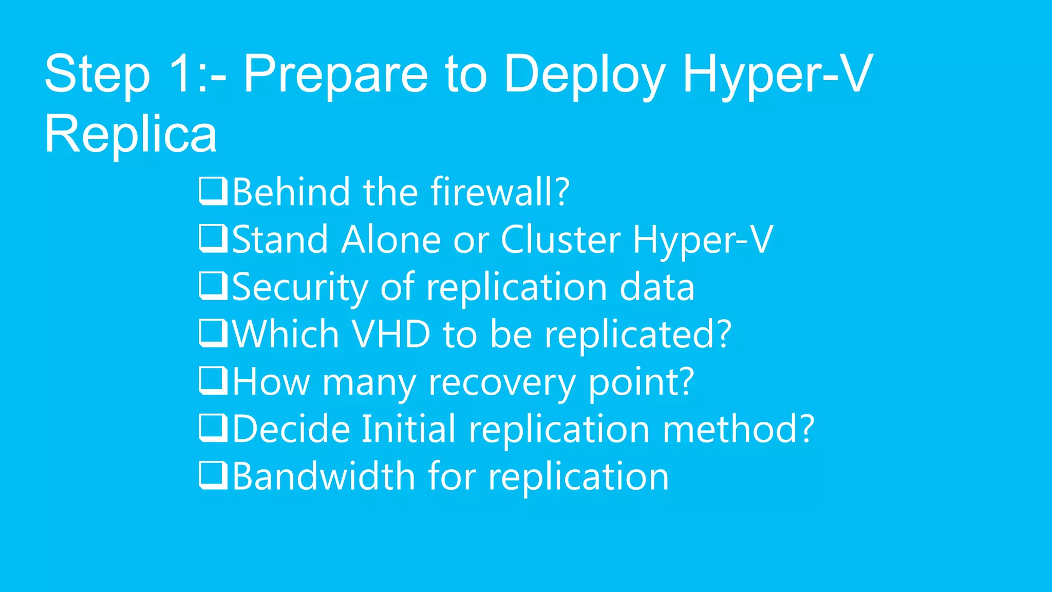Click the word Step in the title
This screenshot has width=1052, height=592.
(97, 75)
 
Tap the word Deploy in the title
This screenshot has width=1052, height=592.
(585, 75)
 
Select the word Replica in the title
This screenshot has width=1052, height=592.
(130, 134)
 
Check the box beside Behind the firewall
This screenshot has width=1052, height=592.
(213, 191)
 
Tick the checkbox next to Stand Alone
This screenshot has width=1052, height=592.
(213, 238)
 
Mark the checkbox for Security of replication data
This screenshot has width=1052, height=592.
(213, 286)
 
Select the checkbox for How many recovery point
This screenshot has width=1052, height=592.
(213, 381)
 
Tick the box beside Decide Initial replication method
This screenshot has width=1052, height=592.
(213, 428)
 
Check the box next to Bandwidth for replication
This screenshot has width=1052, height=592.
(213, 475)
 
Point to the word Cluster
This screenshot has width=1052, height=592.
(560, 239)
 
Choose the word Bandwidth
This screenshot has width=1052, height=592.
(324, 476)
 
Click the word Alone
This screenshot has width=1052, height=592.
(391, 239)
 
